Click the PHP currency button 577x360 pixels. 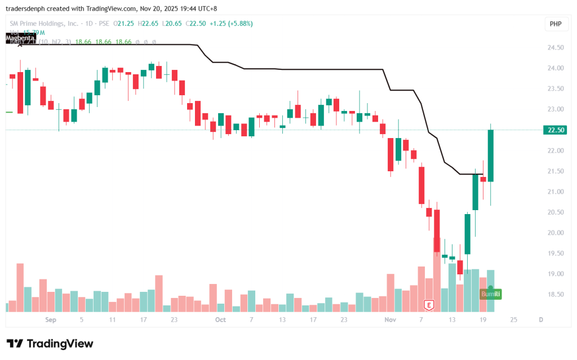556,24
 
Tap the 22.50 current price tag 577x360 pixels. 555,130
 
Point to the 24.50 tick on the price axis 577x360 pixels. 555,48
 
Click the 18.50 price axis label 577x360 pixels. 555,295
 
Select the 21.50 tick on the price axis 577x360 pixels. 555,171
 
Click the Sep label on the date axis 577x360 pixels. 51,319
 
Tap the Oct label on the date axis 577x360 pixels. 220,319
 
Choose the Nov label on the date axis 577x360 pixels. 390,319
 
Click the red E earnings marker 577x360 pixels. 429,305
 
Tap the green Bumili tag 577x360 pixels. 490,294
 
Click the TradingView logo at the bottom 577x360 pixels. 50,344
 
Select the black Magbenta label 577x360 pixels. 20,38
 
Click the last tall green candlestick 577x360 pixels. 491,155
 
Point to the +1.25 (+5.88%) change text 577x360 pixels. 231,23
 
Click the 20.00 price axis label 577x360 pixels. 555,233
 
